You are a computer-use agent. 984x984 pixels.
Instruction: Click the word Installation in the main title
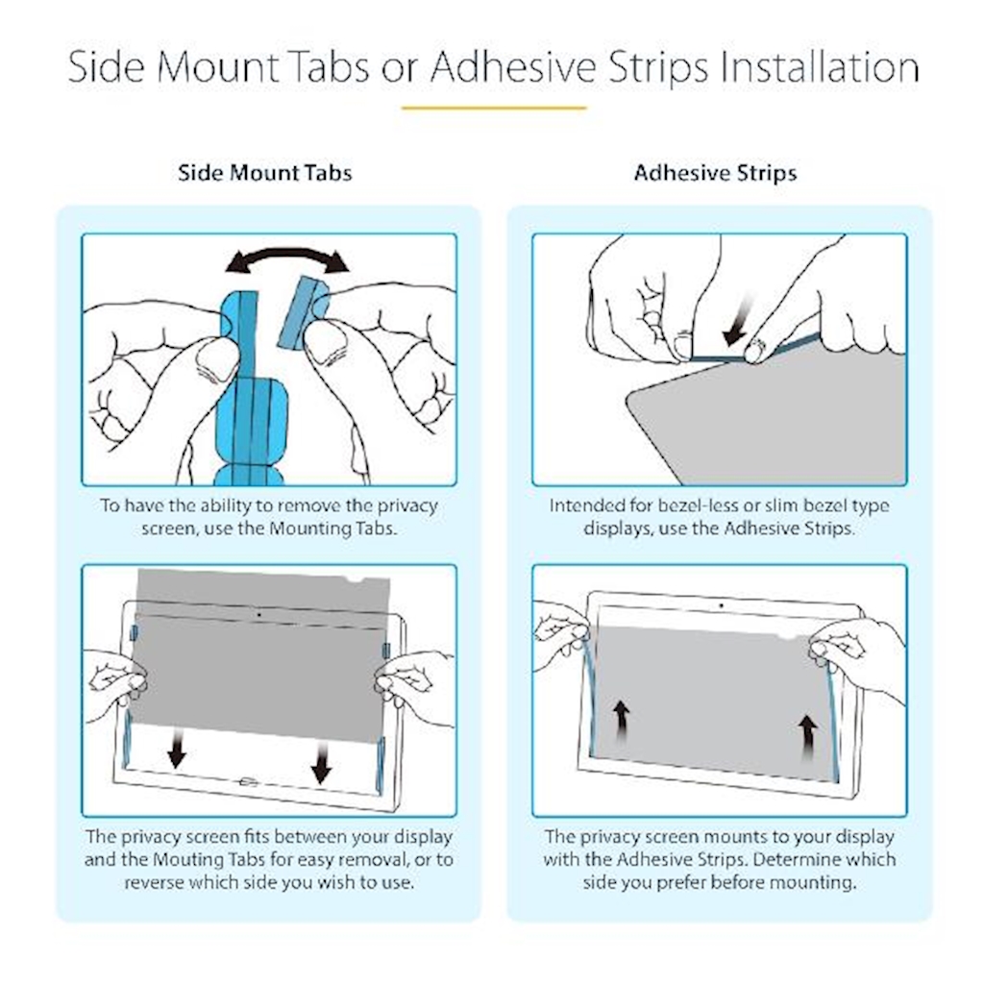click(x=820, y=67)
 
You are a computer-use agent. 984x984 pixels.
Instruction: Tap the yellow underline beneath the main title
click(x=494, y=108)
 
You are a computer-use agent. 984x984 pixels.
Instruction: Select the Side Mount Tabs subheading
click(x=265, y=173)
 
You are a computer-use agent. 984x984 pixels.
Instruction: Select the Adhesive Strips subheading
click(x=715, y=173)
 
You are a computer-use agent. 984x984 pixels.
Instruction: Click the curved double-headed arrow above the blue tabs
click(x=286, y=253)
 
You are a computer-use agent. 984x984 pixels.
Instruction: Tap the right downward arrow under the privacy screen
click(x=322, y=761)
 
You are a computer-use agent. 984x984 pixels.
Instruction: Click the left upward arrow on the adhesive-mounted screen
click(x=622, y=723)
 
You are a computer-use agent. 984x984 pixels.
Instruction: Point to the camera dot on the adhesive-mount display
click(x=721, y=605)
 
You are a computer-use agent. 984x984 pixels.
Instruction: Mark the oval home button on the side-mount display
click(x=249, y=782)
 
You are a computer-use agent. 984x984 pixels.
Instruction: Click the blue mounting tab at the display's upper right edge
click(x=386, y=651)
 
